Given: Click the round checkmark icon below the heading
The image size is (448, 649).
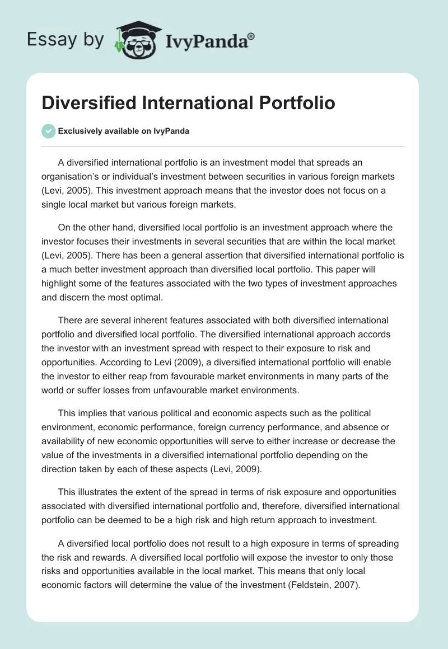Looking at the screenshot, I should pyautogui.click(x=48, y=131).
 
